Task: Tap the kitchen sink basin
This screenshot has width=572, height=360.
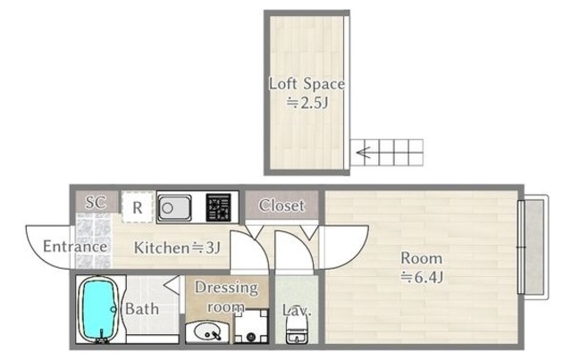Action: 174,208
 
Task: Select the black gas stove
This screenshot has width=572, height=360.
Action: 218,207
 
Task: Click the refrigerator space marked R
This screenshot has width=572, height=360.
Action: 137,207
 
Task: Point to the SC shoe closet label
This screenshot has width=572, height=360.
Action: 96,202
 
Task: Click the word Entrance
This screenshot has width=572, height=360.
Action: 75,247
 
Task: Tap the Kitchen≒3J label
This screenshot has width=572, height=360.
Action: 177,247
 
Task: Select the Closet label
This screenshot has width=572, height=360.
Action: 282,205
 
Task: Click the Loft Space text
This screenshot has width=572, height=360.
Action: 307,84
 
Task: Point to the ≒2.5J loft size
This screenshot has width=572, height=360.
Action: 307,104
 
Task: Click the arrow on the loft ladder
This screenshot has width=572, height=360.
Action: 364,152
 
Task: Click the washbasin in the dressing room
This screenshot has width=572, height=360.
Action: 206,332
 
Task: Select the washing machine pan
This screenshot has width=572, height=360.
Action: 251,326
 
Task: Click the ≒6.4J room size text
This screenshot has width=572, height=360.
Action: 422,278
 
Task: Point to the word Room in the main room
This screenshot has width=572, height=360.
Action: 421,258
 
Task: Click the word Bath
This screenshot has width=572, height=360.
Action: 142,309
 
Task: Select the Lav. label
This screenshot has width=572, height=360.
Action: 297,310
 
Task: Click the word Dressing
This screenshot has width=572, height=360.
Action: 226,288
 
